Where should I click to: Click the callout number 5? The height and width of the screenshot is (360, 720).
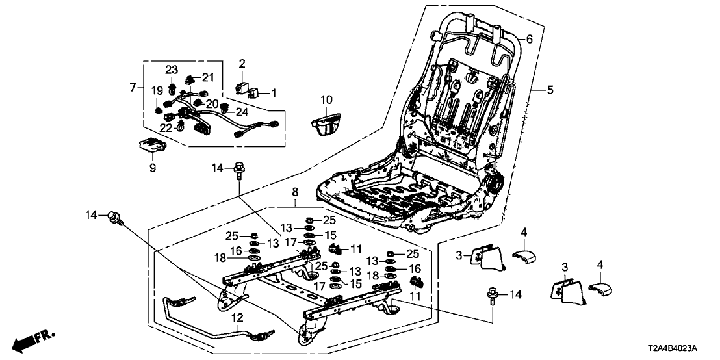550,90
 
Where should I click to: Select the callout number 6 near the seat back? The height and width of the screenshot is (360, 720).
529,40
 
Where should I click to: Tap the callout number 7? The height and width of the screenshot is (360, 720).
133,87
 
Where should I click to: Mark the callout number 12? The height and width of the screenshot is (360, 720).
237,318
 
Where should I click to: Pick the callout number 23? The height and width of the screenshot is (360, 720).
171,70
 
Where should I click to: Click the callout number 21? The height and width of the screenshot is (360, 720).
208,77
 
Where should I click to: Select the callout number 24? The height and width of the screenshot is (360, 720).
241,111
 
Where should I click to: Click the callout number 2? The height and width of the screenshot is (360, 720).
242,63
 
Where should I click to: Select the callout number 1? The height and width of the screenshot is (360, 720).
274,93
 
